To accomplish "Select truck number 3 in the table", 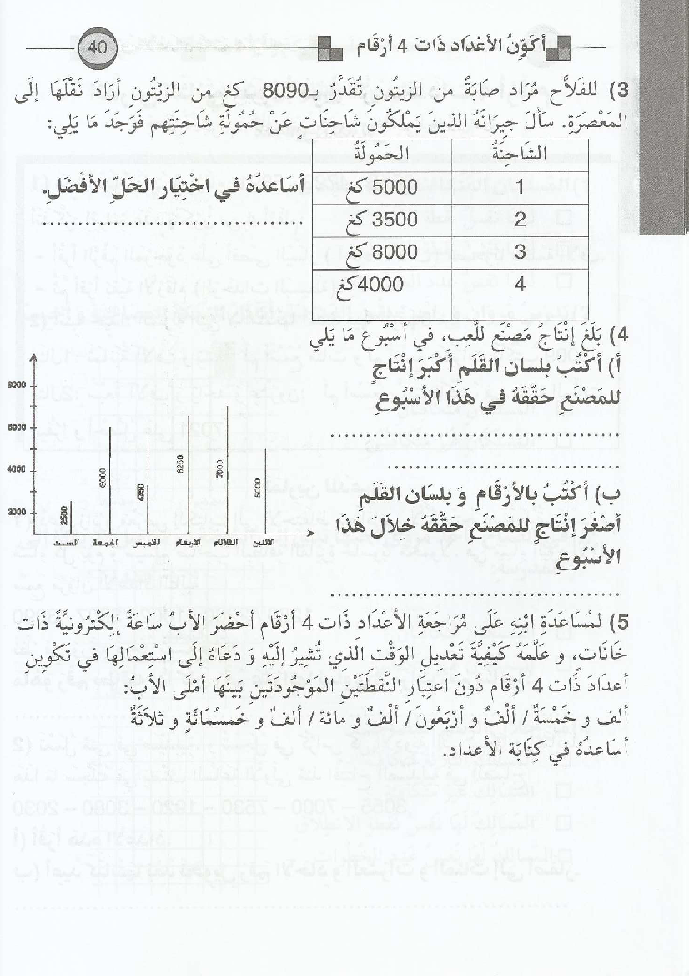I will point(519,253).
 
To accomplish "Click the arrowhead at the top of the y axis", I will point(33,358).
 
